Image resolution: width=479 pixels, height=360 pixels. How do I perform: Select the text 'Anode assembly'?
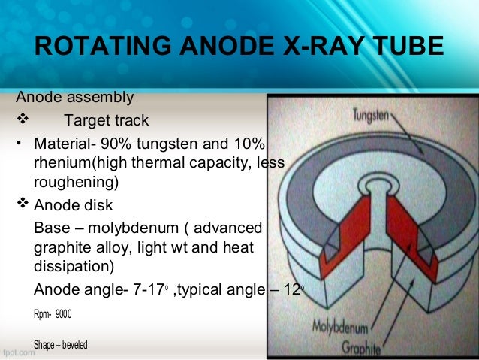(75, 97)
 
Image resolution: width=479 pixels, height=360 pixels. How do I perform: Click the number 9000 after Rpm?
(65, 311)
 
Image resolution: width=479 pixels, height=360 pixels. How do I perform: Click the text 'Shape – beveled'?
(61, 344)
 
